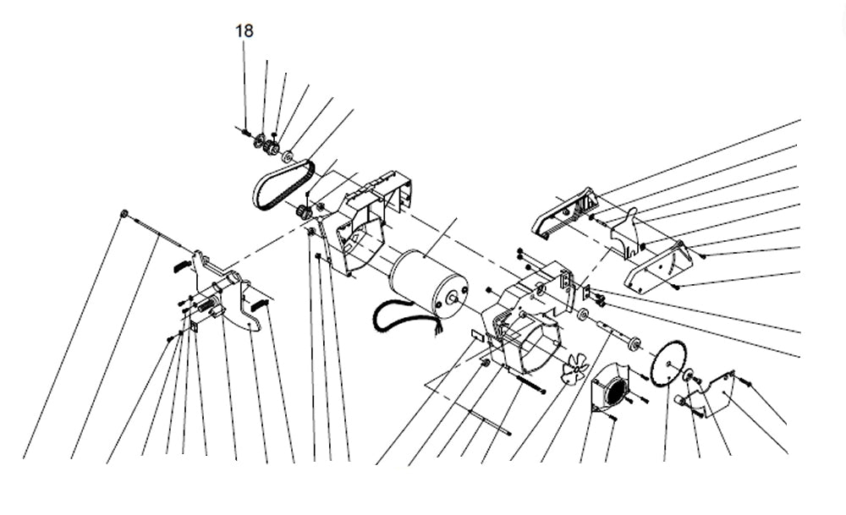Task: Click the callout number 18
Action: tap(244, 30)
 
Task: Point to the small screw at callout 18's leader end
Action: tap(244, 130)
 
